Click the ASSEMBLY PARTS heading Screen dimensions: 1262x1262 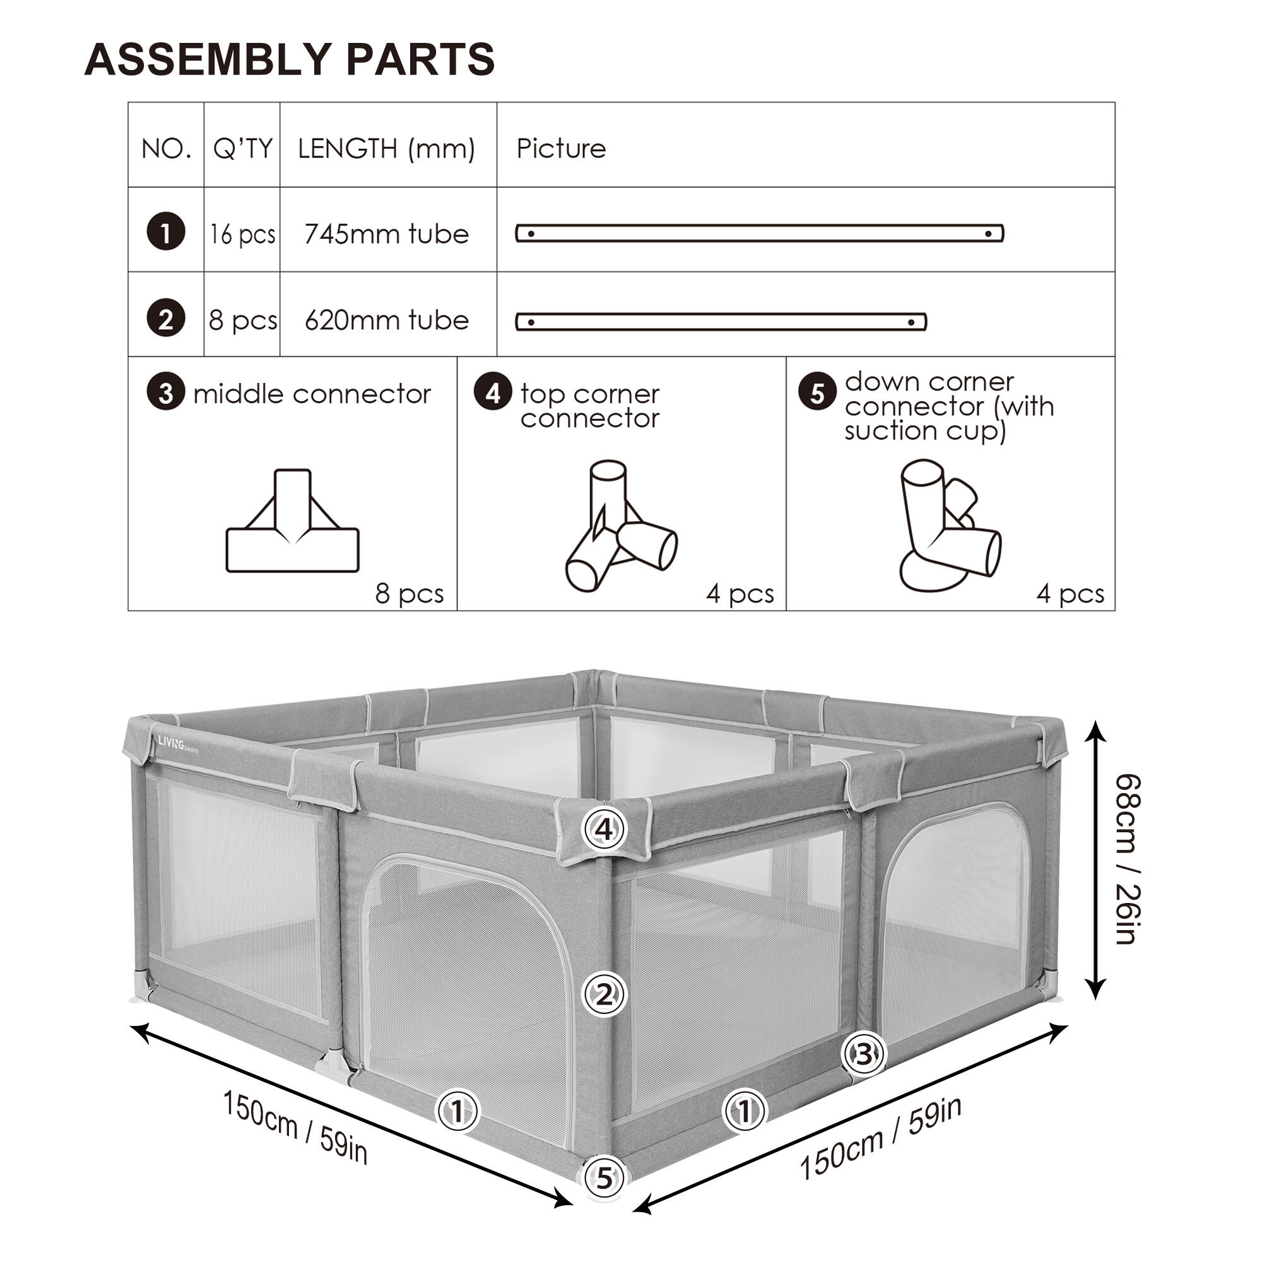290,59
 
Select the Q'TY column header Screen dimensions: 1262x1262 242,148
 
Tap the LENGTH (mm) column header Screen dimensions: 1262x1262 386,148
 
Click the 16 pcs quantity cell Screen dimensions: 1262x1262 242,234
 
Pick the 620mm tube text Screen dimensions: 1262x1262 387,320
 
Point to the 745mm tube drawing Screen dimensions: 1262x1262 759,233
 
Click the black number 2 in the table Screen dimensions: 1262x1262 166,319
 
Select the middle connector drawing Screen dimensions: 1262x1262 293,521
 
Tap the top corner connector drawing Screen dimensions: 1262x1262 620,526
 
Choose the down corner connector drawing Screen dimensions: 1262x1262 949,526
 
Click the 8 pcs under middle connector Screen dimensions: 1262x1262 410,593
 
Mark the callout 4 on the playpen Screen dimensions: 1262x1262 604,829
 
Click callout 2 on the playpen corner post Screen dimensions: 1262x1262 604,994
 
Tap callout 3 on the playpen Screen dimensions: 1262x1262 864,1053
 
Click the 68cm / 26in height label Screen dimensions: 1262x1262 1127,859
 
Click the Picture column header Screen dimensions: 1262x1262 561,148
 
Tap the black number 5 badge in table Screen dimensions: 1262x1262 817,393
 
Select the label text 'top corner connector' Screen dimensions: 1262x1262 590,406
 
